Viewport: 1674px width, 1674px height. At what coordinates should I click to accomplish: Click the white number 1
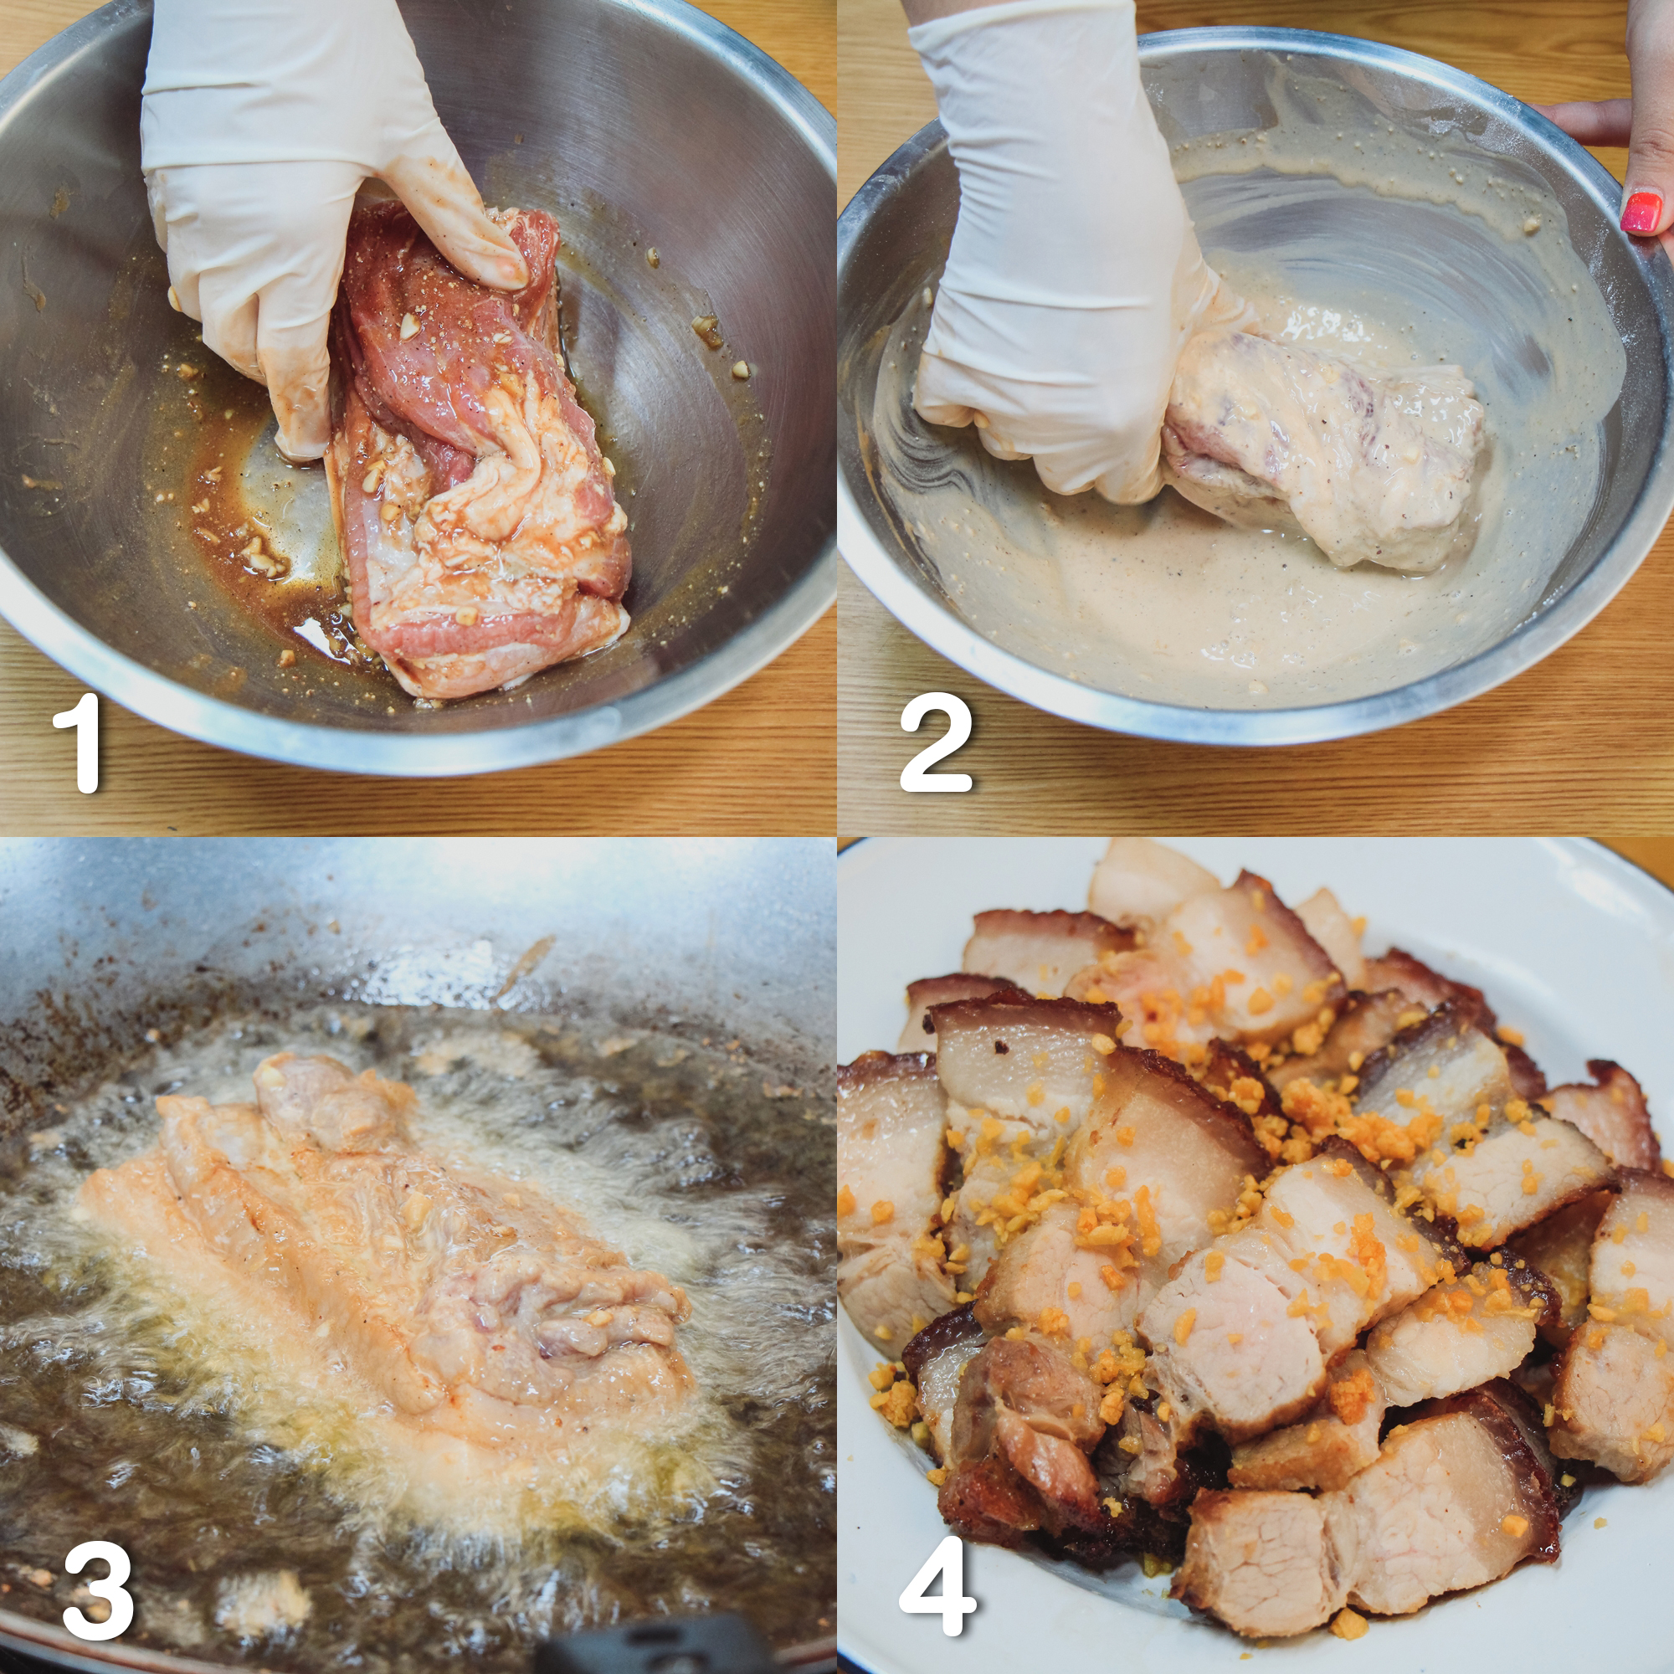80,742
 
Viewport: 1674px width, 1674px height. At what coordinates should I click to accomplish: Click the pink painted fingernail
1641,212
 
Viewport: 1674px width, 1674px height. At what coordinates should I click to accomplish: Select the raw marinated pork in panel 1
476,460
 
